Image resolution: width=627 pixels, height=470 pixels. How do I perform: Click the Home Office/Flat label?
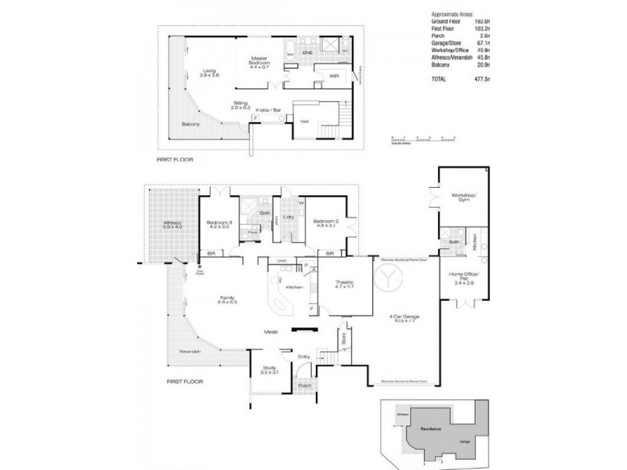click(465, 277)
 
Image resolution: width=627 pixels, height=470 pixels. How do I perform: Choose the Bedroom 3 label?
click(219, 223)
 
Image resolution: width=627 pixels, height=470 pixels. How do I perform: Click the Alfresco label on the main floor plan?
click(172, 223)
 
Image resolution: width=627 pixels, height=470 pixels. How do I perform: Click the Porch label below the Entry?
click(305, 385)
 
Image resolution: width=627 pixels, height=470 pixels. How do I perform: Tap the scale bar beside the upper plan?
click(424, 139)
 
